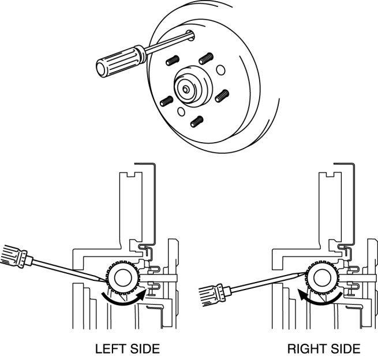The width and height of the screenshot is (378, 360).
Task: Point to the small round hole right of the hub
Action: [220, 70]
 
